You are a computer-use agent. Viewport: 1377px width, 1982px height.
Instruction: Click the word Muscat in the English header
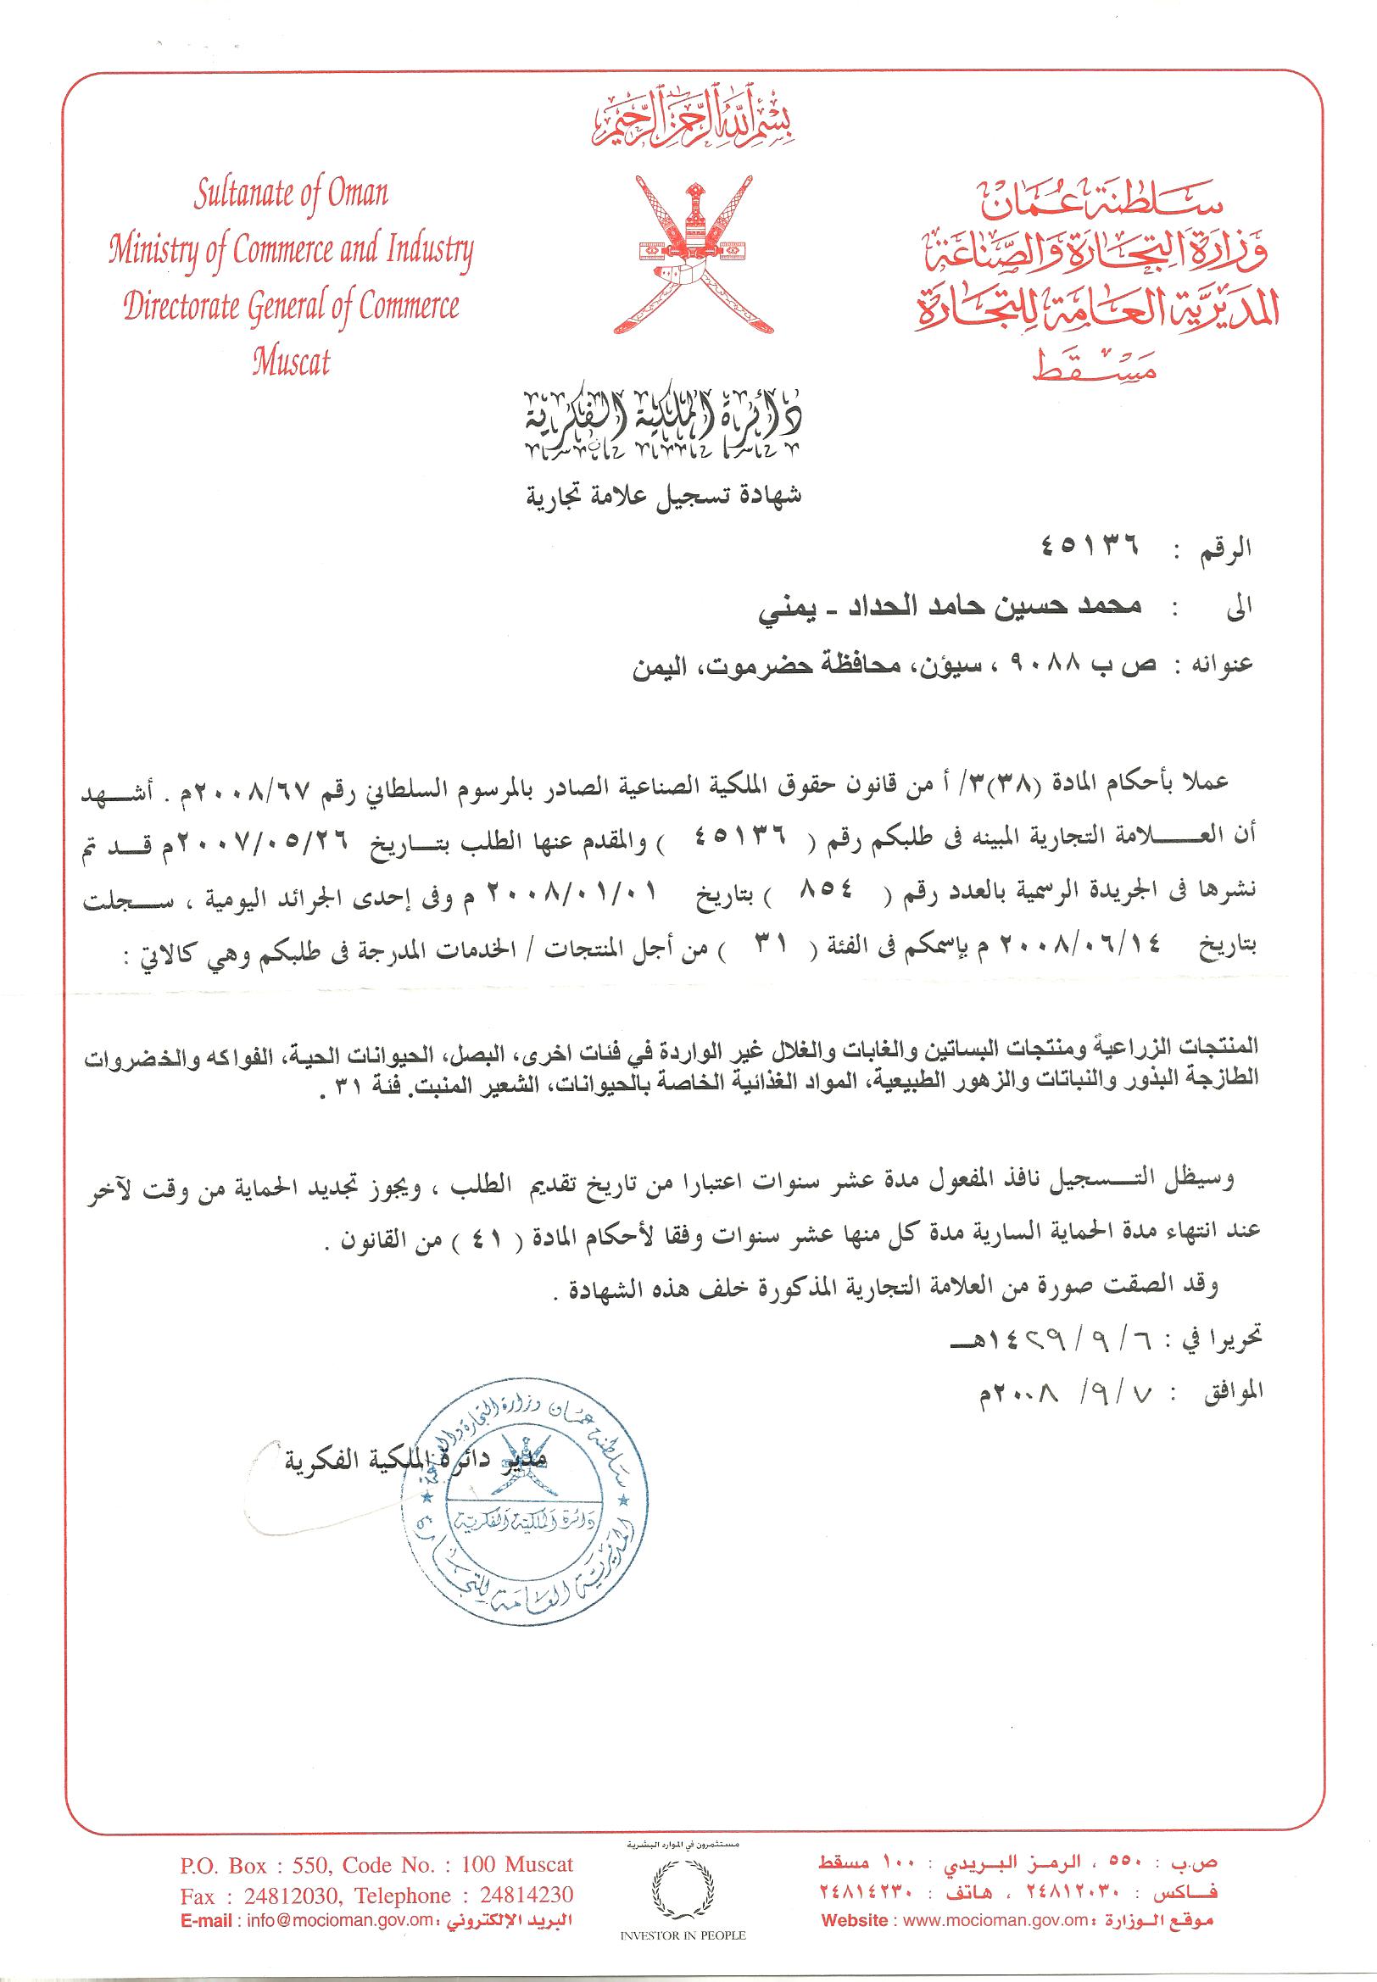tap(292, 361)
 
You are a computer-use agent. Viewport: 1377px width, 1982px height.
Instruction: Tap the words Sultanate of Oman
tap(290, 194)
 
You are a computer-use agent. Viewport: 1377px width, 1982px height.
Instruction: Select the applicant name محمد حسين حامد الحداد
tap(996, 605)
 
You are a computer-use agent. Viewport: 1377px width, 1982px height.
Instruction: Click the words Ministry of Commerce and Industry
tap(292, 250)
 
